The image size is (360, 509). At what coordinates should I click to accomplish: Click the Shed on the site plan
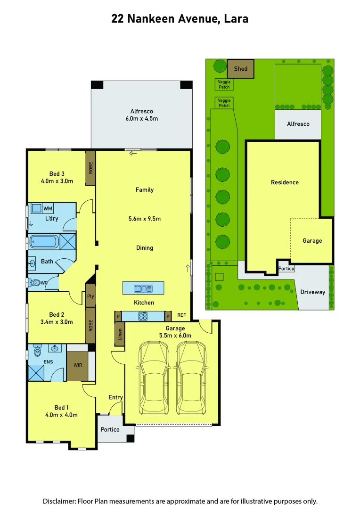click(x=240, y=69)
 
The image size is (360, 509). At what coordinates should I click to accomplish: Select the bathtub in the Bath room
click(x=44, y=242)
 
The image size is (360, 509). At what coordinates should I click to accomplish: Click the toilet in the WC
click(x=35, y=283)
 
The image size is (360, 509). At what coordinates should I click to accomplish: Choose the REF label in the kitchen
click(x=181, y=315)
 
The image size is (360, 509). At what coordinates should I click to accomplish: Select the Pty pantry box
click(x=90, y=296)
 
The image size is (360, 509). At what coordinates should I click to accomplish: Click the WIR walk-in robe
click(x=77, y=365)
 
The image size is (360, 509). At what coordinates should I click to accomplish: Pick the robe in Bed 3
click(x=90, y=168)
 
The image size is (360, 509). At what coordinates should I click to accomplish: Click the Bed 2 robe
click(x=90, y=325)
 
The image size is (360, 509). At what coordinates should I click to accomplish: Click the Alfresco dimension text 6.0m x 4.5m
click(x=141, y=118)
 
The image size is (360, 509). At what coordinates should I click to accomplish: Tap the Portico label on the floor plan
click(x=110, y=429)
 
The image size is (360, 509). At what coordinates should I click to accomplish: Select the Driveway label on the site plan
click(x=312, y=292)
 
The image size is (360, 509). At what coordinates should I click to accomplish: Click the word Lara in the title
click(x=237, y=19)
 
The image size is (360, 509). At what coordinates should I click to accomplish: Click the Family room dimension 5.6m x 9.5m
click(x=145, y=219)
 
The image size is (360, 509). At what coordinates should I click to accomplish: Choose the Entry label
click(x=115, y=397)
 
